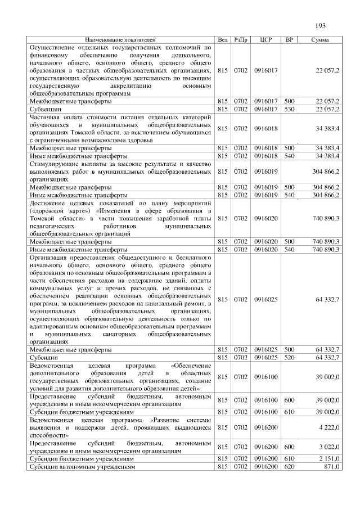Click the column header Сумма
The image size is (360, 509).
point(320,40)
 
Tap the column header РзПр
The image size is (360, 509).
point(241,40)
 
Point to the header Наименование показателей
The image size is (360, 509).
point(120,40)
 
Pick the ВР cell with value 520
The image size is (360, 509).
point(290,357)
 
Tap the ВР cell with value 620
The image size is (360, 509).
point(290,467)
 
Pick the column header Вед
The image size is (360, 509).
point(222,40)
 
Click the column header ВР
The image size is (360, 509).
point(290,40)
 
